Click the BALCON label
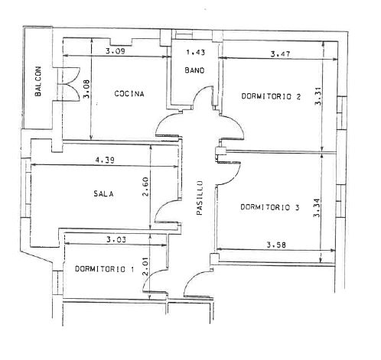(37, 81)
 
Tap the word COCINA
(129, 94)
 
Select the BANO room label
(194, 70)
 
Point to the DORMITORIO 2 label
(271, 96)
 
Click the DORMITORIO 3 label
(270, 207)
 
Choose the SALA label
(103, 193)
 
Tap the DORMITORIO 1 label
(104, 269)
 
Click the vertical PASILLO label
(200, 198)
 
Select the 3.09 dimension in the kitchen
(116, 51)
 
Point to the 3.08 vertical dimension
(86, 89)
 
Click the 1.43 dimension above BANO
(196, 52)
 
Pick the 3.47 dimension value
(280, 54)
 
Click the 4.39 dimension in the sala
(105, 160)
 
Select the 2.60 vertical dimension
(145, 186)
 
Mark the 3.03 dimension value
(116, 239)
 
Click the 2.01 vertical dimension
(145, 267)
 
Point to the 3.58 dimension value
(276, 245)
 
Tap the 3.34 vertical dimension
(317, 207)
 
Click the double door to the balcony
(69, 84)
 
